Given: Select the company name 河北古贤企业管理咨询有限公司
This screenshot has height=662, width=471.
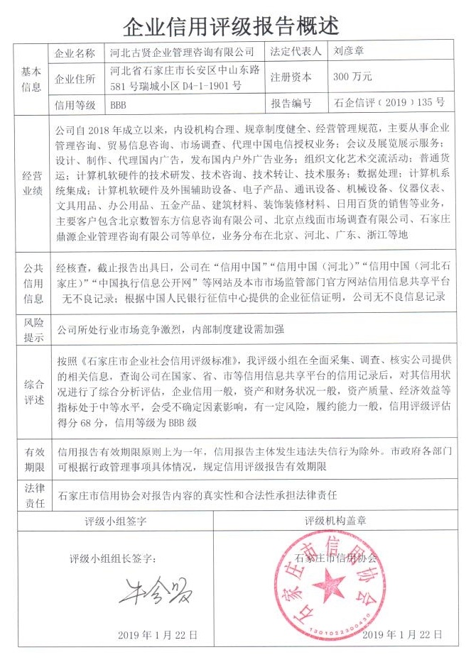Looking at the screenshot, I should click(x=183, y=53).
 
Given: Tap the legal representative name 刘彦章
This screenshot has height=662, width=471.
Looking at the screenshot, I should click(x=349, y=52).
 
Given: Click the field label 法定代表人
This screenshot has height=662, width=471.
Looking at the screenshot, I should click(x=296, y=52).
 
